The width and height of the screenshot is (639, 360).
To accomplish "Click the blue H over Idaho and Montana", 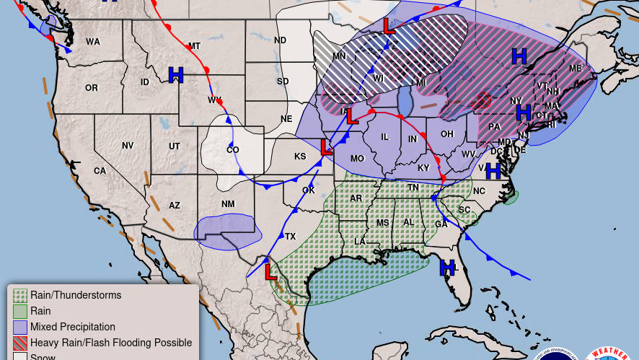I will click(175, 74).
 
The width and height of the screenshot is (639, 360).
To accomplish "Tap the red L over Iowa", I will click(351, 116).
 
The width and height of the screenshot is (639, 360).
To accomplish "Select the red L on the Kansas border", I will click(326, 148).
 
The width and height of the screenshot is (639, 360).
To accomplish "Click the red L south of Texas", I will click(270, 272).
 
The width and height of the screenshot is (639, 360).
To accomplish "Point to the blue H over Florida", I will click(447, 268).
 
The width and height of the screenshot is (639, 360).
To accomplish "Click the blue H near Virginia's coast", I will click(493, 171).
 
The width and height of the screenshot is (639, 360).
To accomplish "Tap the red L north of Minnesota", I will click(389, 27).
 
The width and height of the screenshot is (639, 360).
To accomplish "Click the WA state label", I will click(93, 42).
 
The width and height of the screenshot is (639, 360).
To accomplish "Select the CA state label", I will click(100, 171).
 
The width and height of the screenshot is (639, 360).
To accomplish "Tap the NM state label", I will click(228, 204).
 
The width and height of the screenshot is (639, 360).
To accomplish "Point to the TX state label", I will click(290, 237).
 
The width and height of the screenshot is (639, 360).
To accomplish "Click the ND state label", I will click(280, 40).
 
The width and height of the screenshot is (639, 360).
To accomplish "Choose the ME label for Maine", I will click(575, 69).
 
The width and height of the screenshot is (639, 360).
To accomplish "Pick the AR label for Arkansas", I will click(356, 198).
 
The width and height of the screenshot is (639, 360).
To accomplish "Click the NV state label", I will click(128, 146).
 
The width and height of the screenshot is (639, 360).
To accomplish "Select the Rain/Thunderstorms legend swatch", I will click(20, 295).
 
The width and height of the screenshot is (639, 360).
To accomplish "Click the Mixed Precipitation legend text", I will click(73, 327).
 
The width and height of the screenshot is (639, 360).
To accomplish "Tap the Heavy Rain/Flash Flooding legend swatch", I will click(20, 343).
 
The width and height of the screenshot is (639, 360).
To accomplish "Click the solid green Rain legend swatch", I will click(20, 311).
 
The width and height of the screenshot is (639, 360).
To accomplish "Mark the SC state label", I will click(464, 210).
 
